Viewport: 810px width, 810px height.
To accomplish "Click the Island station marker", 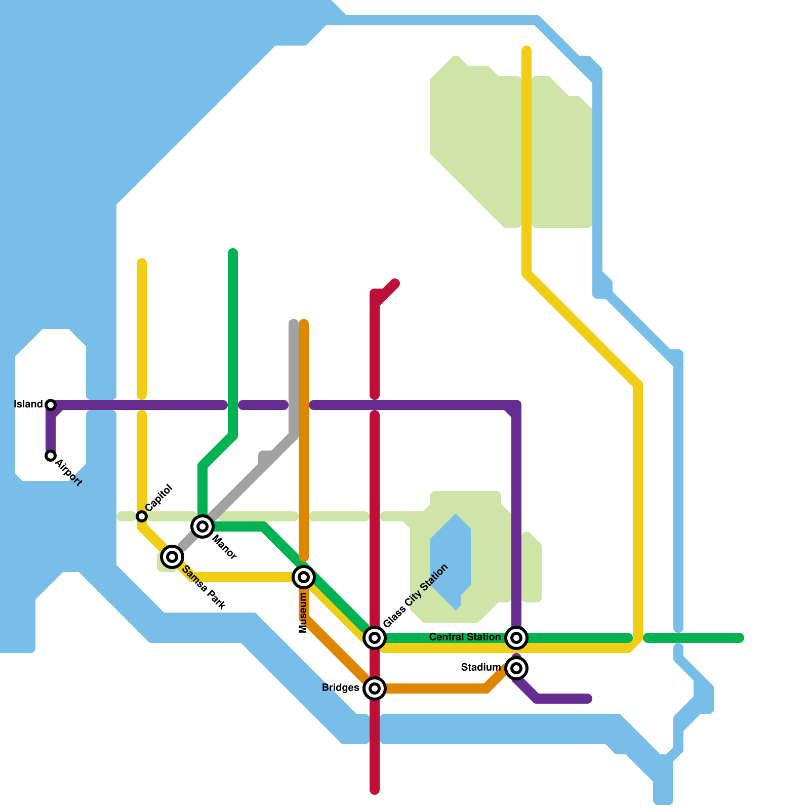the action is pyautogui.click(x=51, y=404).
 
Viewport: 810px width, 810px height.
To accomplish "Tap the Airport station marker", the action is pyautogui.click(x=51, y=456).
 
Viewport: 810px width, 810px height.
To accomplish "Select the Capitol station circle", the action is pyautogui.click(x=142, y=516).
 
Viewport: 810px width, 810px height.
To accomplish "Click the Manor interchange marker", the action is pyautogui.click(x=202, y=526).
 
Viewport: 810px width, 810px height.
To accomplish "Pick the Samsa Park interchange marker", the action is pyautogui.click(x=172, y=557).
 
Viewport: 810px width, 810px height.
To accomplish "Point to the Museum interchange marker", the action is pyautogui.click(x=304, y=577).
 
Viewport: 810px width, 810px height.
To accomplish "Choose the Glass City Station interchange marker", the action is pyautogui.click(x=375, y=637).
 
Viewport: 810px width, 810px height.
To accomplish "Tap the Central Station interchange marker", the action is pyautogui.click(x=516, y=637).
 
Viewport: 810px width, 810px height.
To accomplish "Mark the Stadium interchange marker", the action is pyautogui.click(x=516, y=668).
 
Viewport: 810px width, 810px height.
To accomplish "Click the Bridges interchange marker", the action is pyautogui.click(x=375, y=688).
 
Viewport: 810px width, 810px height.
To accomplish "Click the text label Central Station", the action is pyautogui.click(x=465, y=637).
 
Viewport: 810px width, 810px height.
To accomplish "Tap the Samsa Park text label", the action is pyautogui.click(x=203, y=587).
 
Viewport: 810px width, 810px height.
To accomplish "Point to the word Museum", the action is pyautogui.click(x=303, y=613).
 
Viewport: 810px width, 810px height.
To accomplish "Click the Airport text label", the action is pyautogui.click(x=69, y=472).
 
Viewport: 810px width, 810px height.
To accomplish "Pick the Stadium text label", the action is pyautogui.click(x=480, y=668).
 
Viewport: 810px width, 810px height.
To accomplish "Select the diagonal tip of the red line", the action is pyautogui.click(x=395, y=283).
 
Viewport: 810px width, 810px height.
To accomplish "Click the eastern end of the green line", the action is pyautogui.click(x=740, y=638).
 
